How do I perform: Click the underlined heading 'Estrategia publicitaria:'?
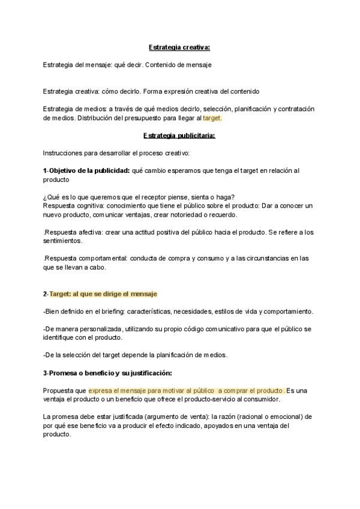pyautogui.click(x=179, y=136)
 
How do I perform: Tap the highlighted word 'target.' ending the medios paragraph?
pyautogui.click(x=212, y=118)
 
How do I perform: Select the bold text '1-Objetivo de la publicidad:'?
pyautogui.click(x=86, y=170)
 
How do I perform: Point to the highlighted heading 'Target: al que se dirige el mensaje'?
pyautogui.click(x=103, y=294)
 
